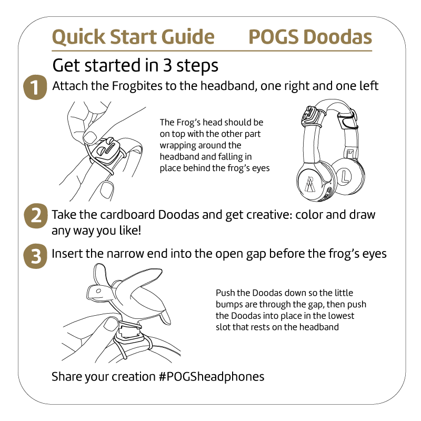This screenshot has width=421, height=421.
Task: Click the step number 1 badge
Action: click(35, 87)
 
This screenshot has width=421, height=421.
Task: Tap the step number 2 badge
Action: click(35, 217)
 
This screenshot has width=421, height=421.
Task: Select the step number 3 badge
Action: click(35, 256)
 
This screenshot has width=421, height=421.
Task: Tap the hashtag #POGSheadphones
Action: click(210, 377)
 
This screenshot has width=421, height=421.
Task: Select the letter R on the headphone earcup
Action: click(308, 184)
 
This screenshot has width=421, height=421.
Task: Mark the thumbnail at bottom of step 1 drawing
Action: click(108, 188)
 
